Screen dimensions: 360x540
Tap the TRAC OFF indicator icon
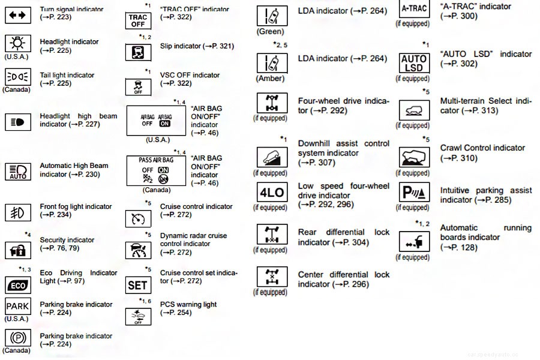click(138, 21)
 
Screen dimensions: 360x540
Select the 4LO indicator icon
click(270, 193)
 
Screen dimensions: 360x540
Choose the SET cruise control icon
click(138, 286)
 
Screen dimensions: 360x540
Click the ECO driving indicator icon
click(18, 284)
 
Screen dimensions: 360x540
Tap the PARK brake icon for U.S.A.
click(18, 306)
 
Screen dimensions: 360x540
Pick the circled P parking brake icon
click(18, 338)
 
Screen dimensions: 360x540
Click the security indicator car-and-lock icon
click(18, 250)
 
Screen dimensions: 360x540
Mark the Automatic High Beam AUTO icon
click(18, 171)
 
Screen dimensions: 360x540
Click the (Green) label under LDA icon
click(270, 31)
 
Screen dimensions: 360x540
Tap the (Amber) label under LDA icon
click(270, 79)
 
